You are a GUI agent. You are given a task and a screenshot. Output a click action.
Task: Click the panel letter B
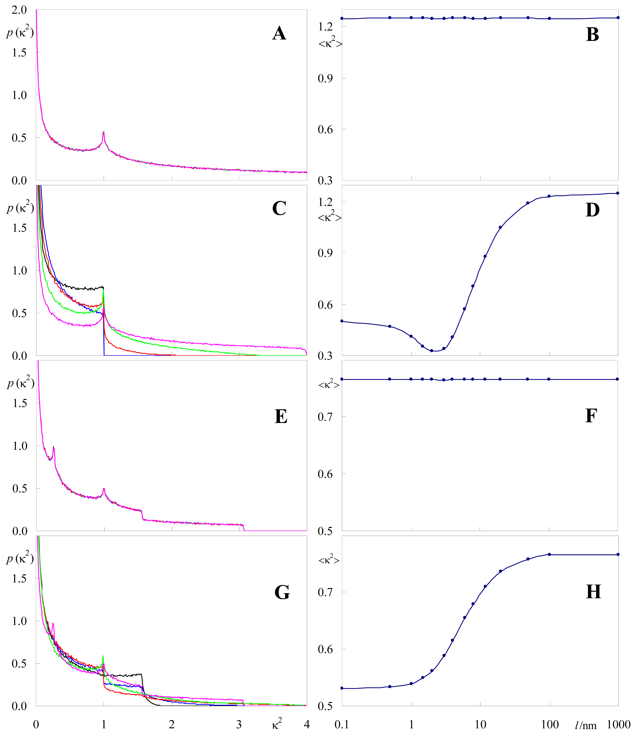(592, 35)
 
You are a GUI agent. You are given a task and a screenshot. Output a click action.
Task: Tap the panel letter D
(592, 210)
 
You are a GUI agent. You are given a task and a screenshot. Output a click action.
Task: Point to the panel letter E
(281, 416)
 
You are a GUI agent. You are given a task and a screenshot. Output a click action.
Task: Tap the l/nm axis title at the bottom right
(586, 726)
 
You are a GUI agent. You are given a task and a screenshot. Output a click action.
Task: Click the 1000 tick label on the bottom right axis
(618, 724)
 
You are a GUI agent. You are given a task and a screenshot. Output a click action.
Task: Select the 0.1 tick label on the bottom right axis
(342, 724)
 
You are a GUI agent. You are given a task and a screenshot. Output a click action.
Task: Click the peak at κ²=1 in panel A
(104, 132)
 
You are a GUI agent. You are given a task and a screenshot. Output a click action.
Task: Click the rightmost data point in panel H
(618, 554)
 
